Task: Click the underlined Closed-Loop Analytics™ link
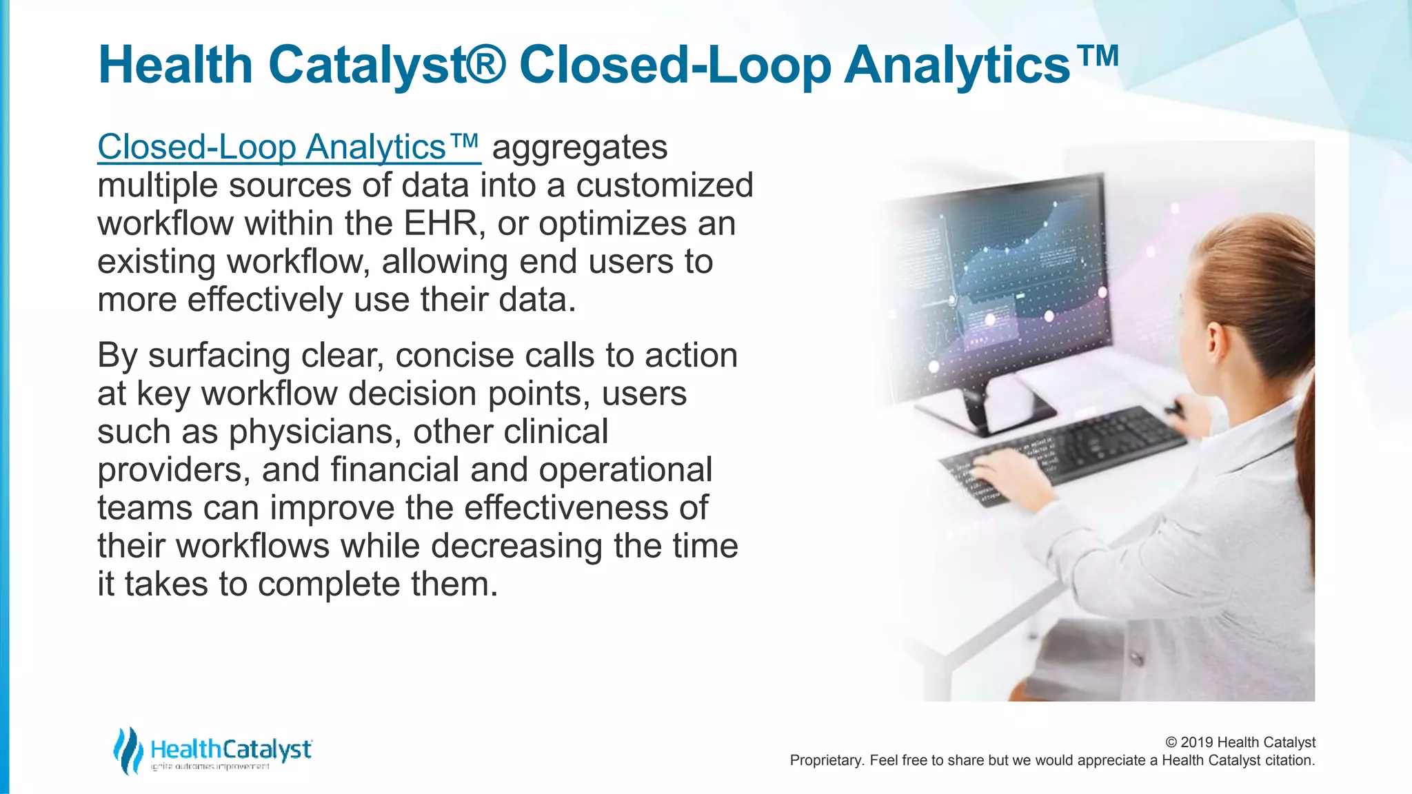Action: coord(288,147)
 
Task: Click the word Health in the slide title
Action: coord(176,65)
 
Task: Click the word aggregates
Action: coord(580,148)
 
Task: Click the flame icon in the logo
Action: coord(128,751)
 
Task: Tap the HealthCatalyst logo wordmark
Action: coord(231,749)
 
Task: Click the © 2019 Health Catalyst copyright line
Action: coord(1240,742)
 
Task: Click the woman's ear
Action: coord(1215,339)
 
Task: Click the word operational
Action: coord(625,470)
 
